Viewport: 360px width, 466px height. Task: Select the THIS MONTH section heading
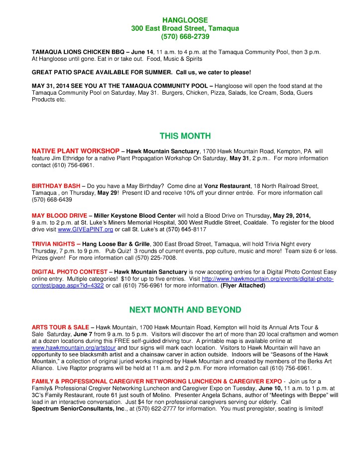178,136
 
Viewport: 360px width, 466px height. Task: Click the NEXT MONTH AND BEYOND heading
178,310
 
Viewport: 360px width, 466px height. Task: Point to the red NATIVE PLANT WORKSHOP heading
75,151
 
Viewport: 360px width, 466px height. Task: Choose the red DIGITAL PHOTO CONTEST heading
68,272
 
